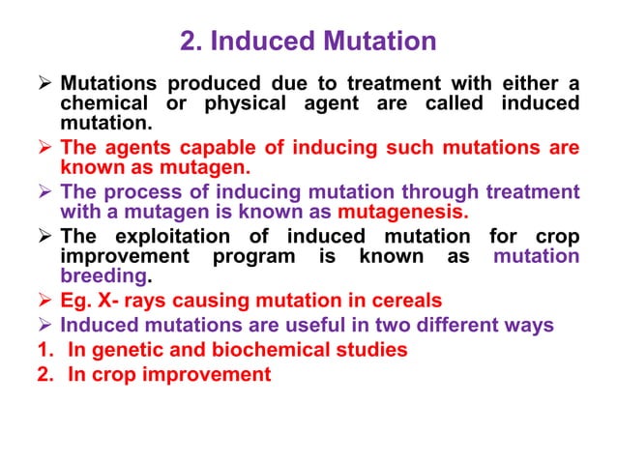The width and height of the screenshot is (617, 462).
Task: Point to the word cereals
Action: click(405, 300)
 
